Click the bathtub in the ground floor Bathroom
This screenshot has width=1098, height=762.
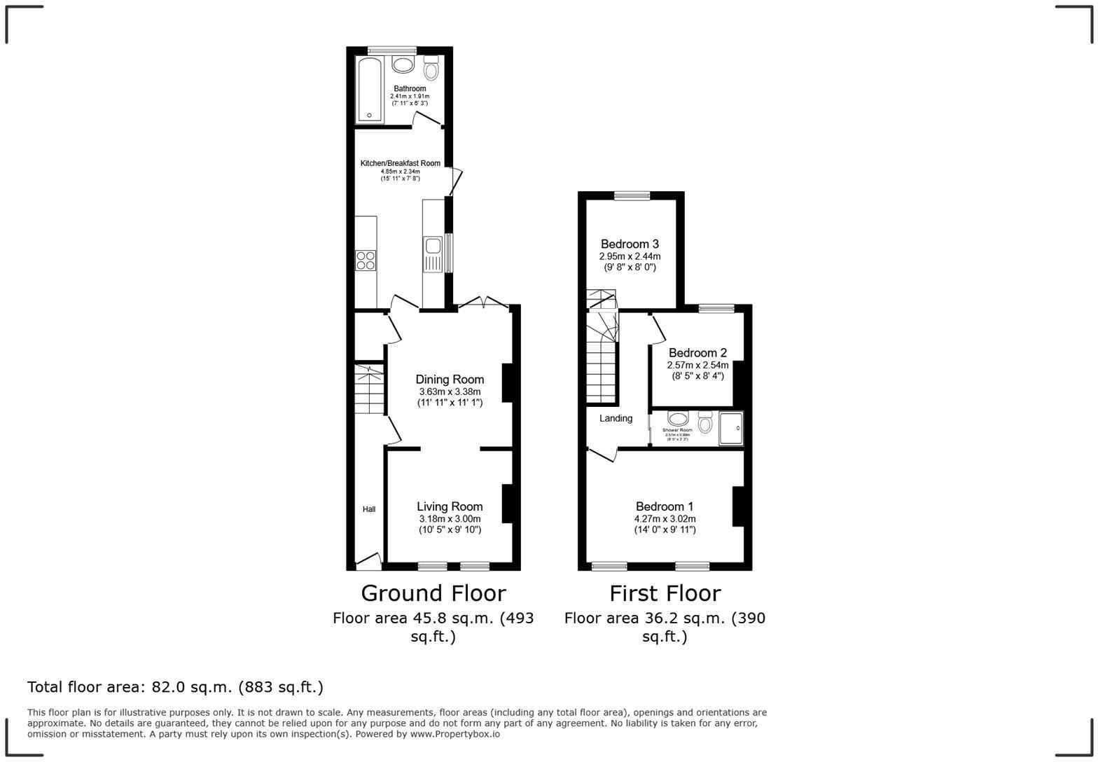pyautogui.click(x=369, y=90)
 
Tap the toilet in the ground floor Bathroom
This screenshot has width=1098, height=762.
pyautogui.click(x=431, y=69)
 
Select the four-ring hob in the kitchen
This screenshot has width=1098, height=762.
pyautogui.click(x=366, y=261)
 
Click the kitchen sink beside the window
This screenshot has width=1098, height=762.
pyautogui.click(x=432, y=247)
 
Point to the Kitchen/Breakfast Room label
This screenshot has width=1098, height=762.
pyautogui.click(x=400, y=163)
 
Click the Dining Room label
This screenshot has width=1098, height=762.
pyautogui.click(x=450, y=380)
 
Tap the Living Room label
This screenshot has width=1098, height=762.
pyautogui.click(x=450, y=506)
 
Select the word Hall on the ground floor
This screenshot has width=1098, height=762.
pyautogui.click(x=368, y=509)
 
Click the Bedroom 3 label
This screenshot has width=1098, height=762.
pyautogui.click(x=630, y=244)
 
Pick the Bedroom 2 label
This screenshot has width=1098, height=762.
pyautogui.click(x=697, y=353)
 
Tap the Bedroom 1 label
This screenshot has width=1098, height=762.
pyautogui.click(x=665, y=506)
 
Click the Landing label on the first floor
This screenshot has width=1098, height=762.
pyautogui.click(x=616, y=418)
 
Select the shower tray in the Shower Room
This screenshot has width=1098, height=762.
pyautogui.click(x=730, y=429)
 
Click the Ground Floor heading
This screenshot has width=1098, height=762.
pyautogui.click(x=433, y=593)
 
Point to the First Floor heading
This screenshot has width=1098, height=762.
pyautogui.click(x=665, y=593)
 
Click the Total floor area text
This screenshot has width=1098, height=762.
pyautogui.click(x=175, y=687)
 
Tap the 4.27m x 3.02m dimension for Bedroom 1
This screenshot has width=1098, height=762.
pyautogui.click(x=665, y=519)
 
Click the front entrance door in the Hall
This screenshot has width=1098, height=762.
pyautogui.click(x=368, y=560)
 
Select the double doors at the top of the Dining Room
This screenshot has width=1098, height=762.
pyautogui.click(x=483, y=303)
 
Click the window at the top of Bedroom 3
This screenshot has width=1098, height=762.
pyautogui.click(x=632, y=196)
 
